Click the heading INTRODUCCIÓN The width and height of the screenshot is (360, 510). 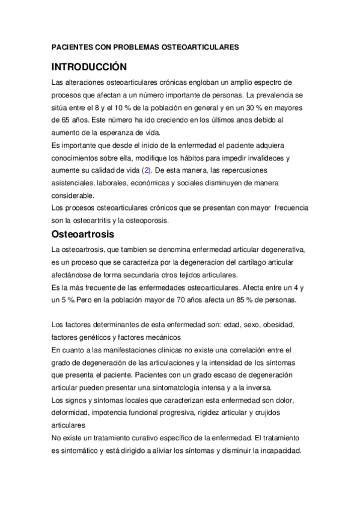89,66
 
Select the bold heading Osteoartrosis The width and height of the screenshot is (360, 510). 87,233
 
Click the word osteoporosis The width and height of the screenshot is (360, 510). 149,220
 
